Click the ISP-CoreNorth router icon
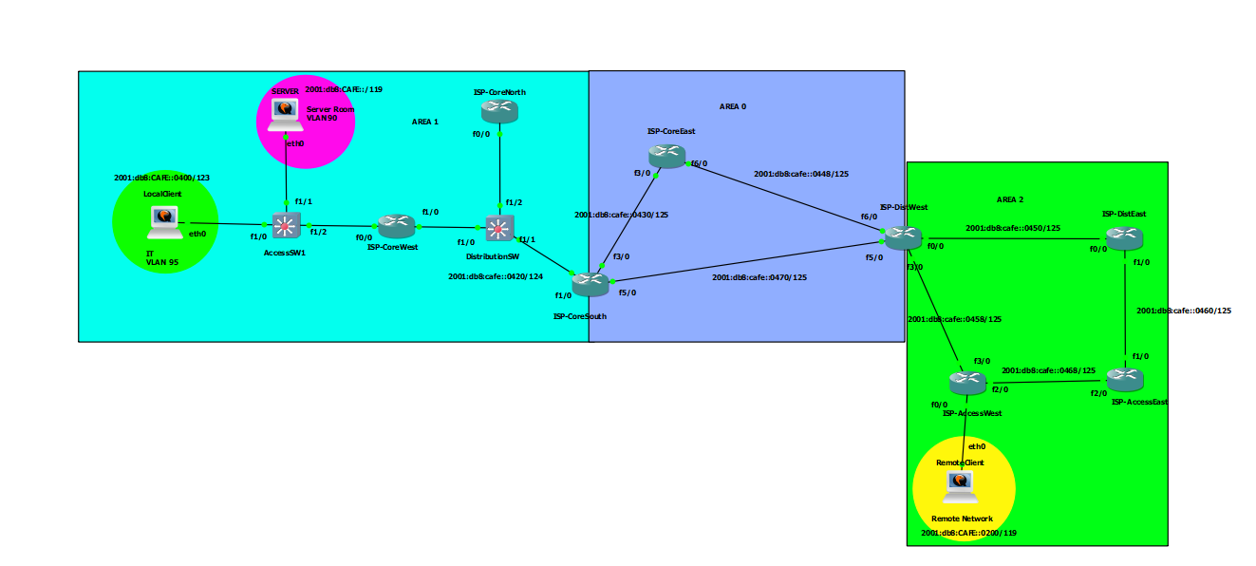click(x=499, y=111)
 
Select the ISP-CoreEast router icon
click(x=667, y=155)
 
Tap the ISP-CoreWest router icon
click(x=397, y=225)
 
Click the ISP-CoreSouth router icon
click(x=590, y=283)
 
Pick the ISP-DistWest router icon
click(x=903, y=236)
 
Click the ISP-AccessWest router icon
click(x=968, y=383)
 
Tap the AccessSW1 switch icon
click(x=286, y=225)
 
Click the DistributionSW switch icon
click(x=499, y=228)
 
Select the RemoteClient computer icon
click(x=961, y=486)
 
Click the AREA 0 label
click(x=732, y=107)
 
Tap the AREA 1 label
click(x=424, y=122)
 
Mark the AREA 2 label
click(x=1010, y=199)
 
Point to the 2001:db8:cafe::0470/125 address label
click(x=759, y=277)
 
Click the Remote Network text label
click(x=962, y=519)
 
